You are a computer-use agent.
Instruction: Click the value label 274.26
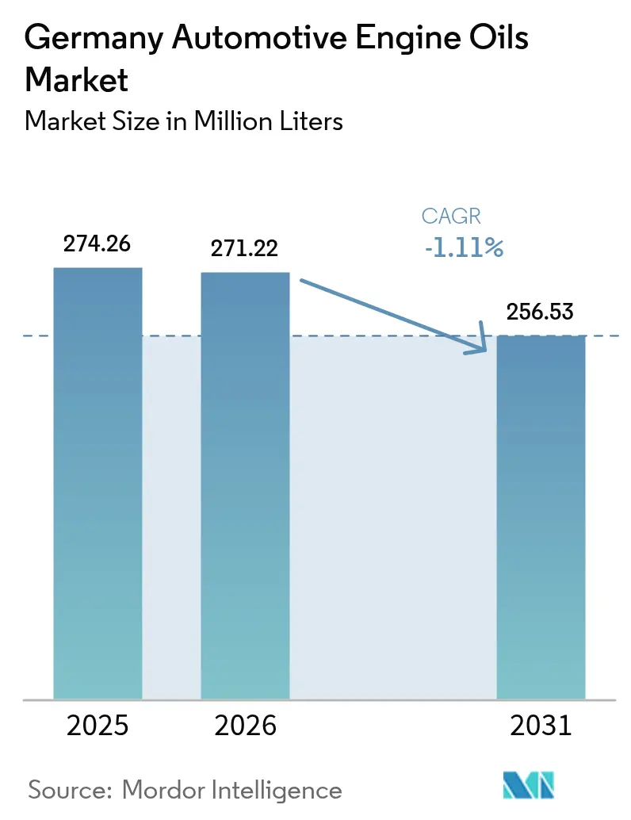click(98, 243)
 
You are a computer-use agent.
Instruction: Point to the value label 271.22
click(245, 248)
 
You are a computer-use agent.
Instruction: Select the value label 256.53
click(541, 312)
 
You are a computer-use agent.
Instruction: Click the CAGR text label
click(451, 216)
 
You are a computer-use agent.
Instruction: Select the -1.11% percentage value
click(463, 248)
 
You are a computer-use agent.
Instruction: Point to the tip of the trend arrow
click(485, 349)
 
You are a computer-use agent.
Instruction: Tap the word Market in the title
click(77, 79)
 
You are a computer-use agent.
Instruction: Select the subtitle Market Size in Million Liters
click(184, 121)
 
